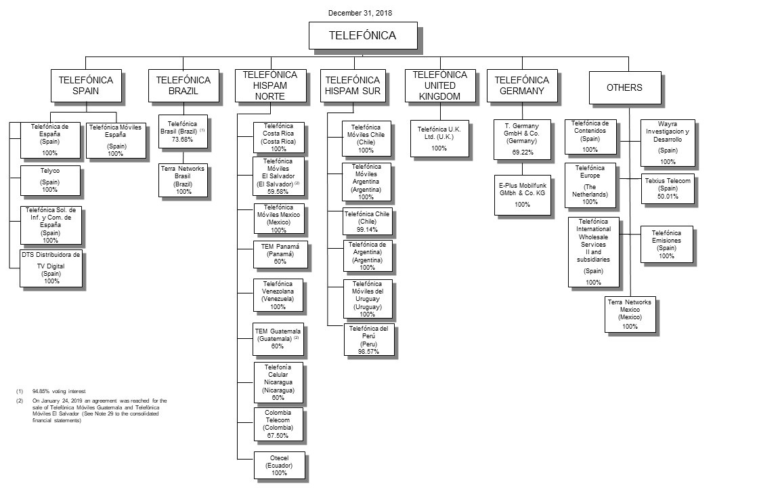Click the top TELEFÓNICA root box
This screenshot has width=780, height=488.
pos(362,36)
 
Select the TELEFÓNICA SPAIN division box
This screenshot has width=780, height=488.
pos(86,86)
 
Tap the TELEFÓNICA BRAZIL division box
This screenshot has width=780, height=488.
pos(183,86)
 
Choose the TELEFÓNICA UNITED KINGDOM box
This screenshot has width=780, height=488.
pos(440,86)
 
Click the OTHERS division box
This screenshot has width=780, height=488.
pos(624,87)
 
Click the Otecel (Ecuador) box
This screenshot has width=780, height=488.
pos(278,466)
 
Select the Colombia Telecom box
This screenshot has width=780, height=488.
pos(278,424)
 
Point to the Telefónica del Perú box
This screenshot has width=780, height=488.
pos(369,340)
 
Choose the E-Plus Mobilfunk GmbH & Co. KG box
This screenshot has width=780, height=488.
pos(522,195)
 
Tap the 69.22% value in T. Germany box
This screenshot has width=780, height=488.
pos(522,153)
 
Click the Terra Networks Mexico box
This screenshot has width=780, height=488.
pos(630,314)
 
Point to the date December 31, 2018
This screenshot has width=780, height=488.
pos(360,12)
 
